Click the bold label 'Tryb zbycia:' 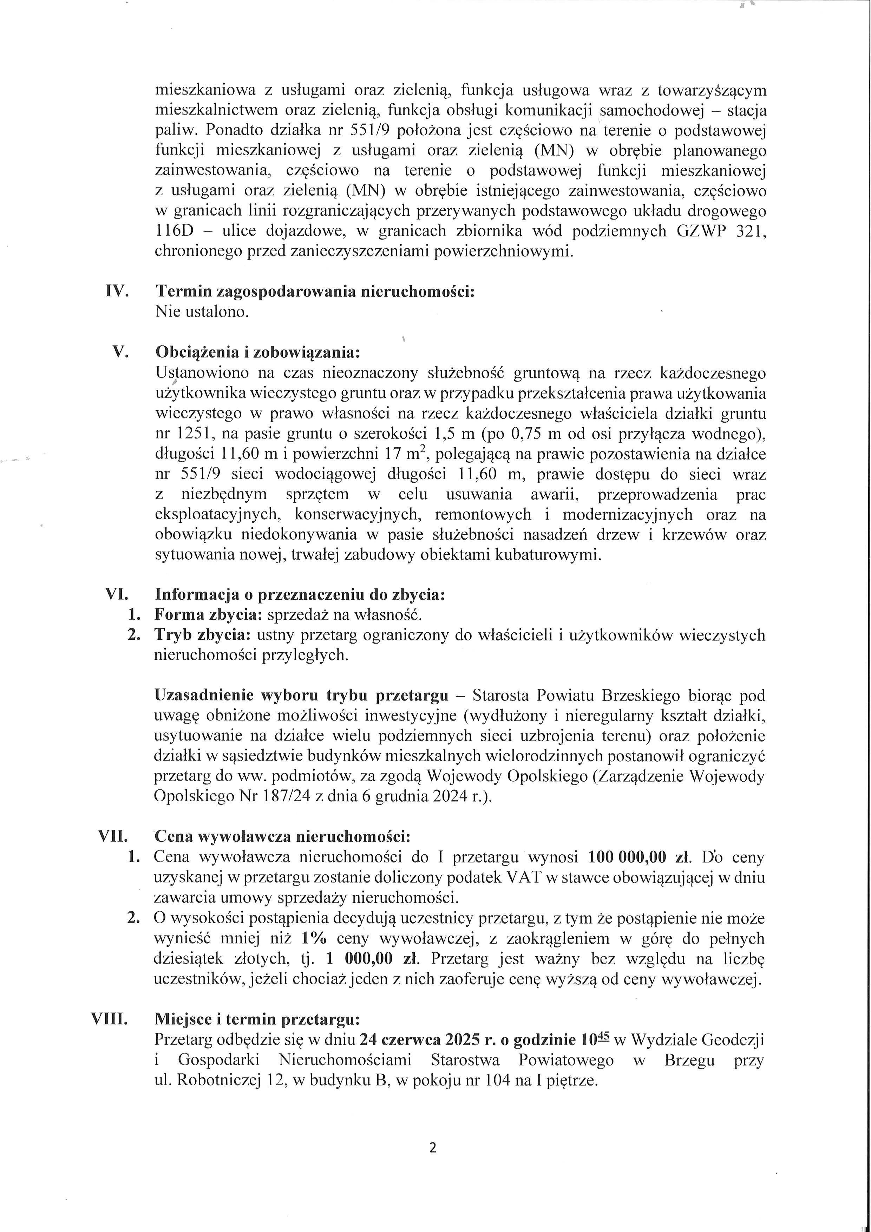point(203,635)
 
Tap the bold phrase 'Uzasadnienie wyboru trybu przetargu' point(301,696)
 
